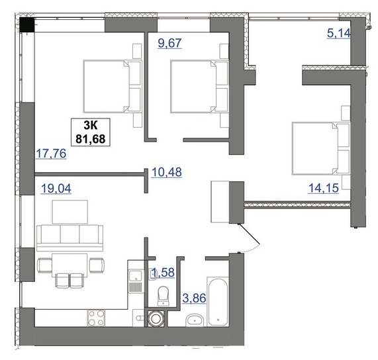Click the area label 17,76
point(51,154)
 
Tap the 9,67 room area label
point(169,43)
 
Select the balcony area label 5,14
point(338,33)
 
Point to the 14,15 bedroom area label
point(324,188)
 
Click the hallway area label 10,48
point(166,172)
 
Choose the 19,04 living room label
point(56,189)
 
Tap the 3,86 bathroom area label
point(195,298)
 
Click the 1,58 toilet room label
point(163,272)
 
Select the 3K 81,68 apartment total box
point(91,132)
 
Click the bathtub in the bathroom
point(218,302)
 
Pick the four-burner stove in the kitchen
point(96,318)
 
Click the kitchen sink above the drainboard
point(135,276)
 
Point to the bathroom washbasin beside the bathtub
point(195,320)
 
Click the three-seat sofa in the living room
point(70,238)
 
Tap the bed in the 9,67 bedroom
point(199,86)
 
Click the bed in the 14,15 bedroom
point(321,148)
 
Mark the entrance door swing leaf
point(249,234)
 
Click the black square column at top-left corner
point(27,24)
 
